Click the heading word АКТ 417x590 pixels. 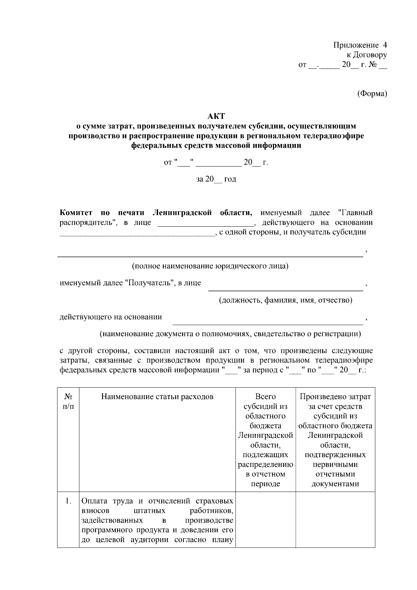click(x=216, y=116)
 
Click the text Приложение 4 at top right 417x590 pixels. click(x=360, y=45)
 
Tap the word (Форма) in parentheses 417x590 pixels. click(x=372, y=94)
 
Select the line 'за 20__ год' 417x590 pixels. click(x=216, y=179)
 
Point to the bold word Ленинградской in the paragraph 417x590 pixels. click(x=182, y=213)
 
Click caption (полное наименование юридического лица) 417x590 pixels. click(x=210, y=266)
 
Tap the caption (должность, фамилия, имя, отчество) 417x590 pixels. click(x=285, y=300)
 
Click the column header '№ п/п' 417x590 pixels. click(x=68, y=402)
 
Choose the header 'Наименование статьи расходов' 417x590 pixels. click(x=157, y=397)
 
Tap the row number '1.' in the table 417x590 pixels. click(x=68, y=501)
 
